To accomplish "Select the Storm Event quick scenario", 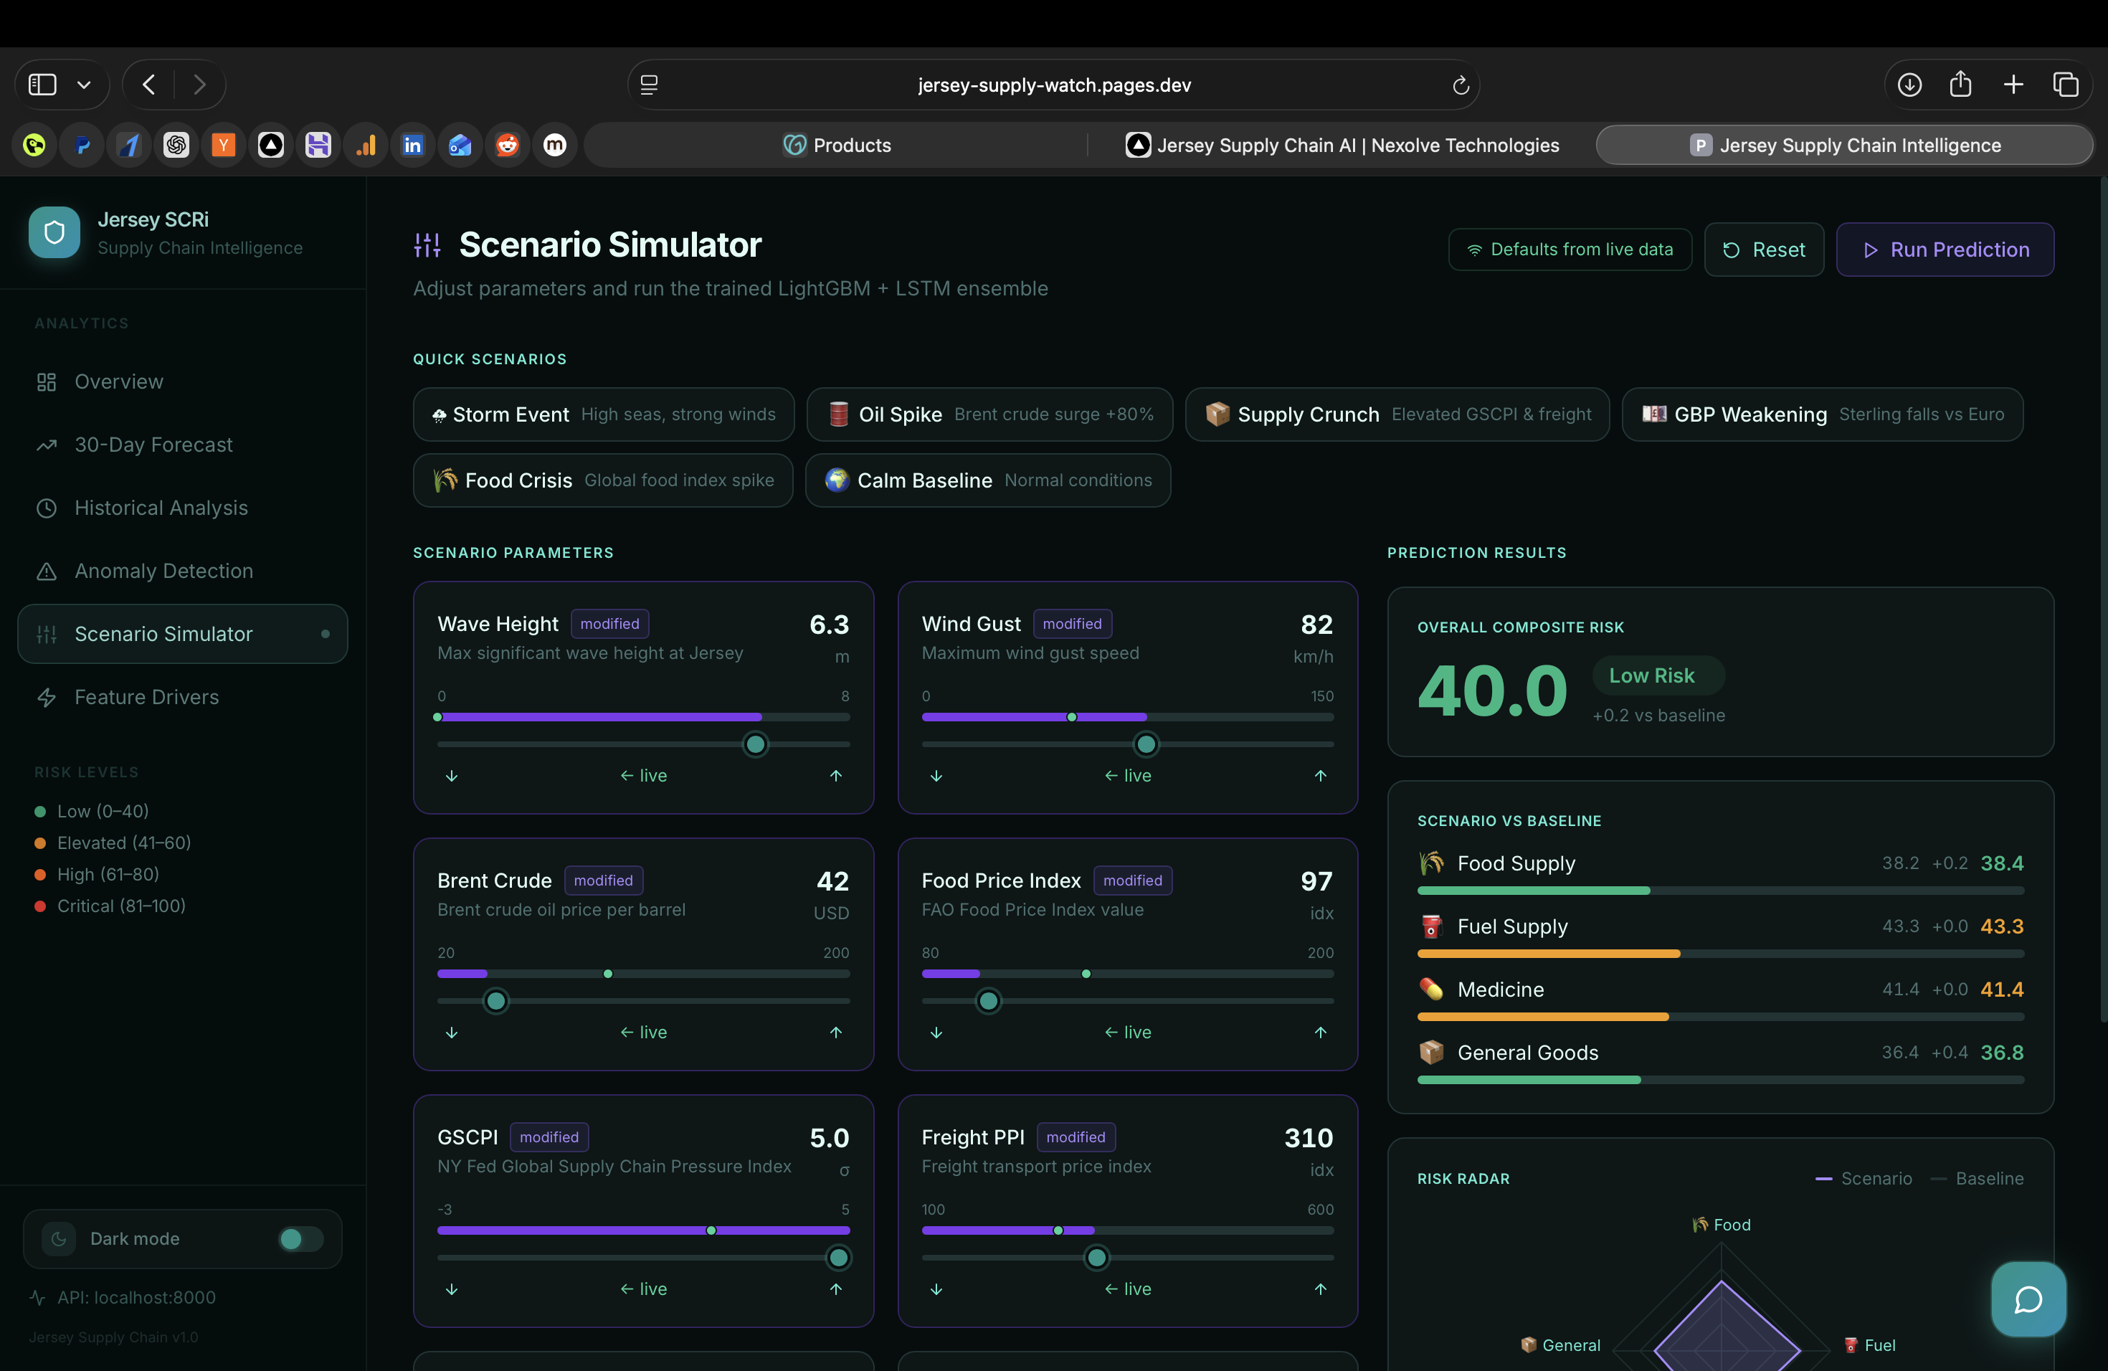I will coord(603,414).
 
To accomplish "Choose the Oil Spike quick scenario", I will coord(989,414).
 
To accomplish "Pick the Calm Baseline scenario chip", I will coord(987,480).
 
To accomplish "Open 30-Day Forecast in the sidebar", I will coord(153,445).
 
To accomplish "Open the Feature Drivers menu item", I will coord(146,697).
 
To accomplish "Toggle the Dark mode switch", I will coord(300,1238).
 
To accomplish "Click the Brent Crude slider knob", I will coord(496,1002).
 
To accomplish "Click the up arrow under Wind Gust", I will coord(1320,776).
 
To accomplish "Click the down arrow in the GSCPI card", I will coord(452,1289).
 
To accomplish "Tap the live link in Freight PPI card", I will coord(1128,1289).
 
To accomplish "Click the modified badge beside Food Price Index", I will coord(1132,881).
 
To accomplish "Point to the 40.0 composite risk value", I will coord(1491,691).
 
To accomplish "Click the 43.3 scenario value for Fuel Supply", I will coord(2001,926).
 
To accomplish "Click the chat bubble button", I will coord(2028,1299).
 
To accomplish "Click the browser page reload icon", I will coord(1461,85).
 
